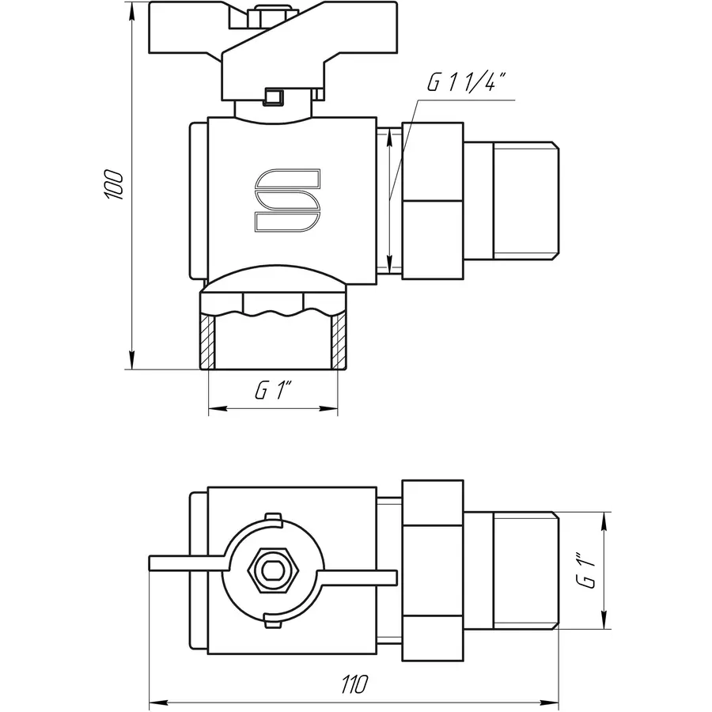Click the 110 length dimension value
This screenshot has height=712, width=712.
(x=355, y=683)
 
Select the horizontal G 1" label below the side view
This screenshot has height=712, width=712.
(x=273, y=390)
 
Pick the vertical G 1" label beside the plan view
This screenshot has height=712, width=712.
(x=586, y=570)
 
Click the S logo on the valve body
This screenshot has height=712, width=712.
(x=286, y=202)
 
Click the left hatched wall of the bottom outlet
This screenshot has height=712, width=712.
(x=208, y=339)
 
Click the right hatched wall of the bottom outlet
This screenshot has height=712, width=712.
(x=338, y=339)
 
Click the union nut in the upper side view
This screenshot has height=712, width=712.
(x=432, y=201)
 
